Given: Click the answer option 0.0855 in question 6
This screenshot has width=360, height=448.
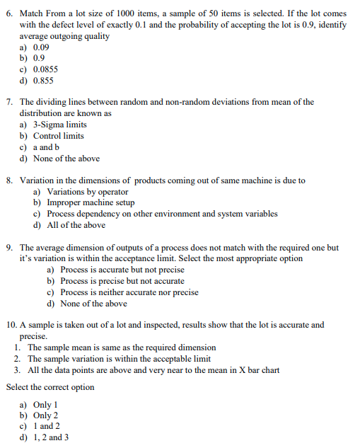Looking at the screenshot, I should coord(45,70).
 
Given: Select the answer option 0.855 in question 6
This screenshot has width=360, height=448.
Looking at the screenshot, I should coord(43,81).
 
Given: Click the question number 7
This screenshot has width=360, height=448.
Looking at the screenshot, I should coord(9,102).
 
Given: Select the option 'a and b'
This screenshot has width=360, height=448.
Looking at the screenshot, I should coord(47,147).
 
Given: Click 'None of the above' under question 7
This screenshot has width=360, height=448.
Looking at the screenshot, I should coord(66,159).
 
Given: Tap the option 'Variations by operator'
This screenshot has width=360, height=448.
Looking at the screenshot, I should coord(87,192).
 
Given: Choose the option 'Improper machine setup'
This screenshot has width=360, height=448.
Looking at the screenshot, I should coord(90,203).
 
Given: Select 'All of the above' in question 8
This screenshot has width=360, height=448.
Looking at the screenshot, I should coord(76,226).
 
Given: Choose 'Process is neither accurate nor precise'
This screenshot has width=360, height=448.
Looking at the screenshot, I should coord(129,292).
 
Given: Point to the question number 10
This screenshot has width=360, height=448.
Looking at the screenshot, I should coord(11,325).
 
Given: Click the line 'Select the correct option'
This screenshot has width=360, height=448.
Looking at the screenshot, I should coord(50,387).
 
